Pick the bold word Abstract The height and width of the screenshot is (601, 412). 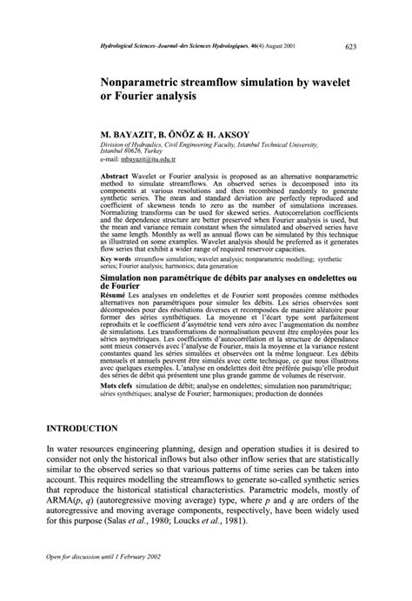[116, 176]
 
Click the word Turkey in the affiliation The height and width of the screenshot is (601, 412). [150, 150]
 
